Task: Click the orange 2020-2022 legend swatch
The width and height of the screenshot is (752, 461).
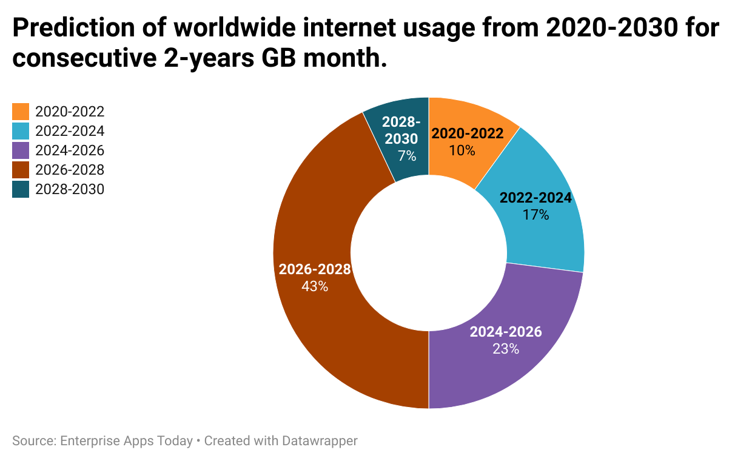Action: point(21,112)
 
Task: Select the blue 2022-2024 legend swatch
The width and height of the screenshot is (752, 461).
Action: point(21,131)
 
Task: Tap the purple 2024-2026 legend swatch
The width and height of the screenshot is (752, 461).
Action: point(21,150)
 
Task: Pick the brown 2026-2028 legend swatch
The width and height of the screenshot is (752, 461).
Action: point(21,170)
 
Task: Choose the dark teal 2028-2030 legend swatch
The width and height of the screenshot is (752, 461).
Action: point(21,189)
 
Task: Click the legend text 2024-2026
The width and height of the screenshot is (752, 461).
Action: point(70,150)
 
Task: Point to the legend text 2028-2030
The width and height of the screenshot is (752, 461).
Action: point(70,189)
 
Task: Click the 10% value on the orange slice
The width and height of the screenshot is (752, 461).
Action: point(462,150)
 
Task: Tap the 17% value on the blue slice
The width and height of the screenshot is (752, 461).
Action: point(535,214)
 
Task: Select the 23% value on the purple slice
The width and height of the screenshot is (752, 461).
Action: point(506,349)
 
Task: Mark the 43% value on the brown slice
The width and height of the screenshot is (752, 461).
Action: point(315,286)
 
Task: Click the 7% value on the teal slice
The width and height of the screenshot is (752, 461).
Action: point(407,156)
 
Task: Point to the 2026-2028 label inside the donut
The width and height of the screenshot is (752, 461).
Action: point(315,270)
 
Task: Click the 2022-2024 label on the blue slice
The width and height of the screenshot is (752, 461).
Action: point(535,198)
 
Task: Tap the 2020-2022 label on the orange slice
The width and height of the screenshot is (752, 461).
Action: point(468,133)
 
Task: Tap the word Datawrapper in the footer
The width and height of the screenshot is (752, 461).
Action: point(320,441)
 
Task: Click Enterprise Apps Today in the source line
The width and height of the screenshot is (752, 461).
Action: point(126,441)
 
